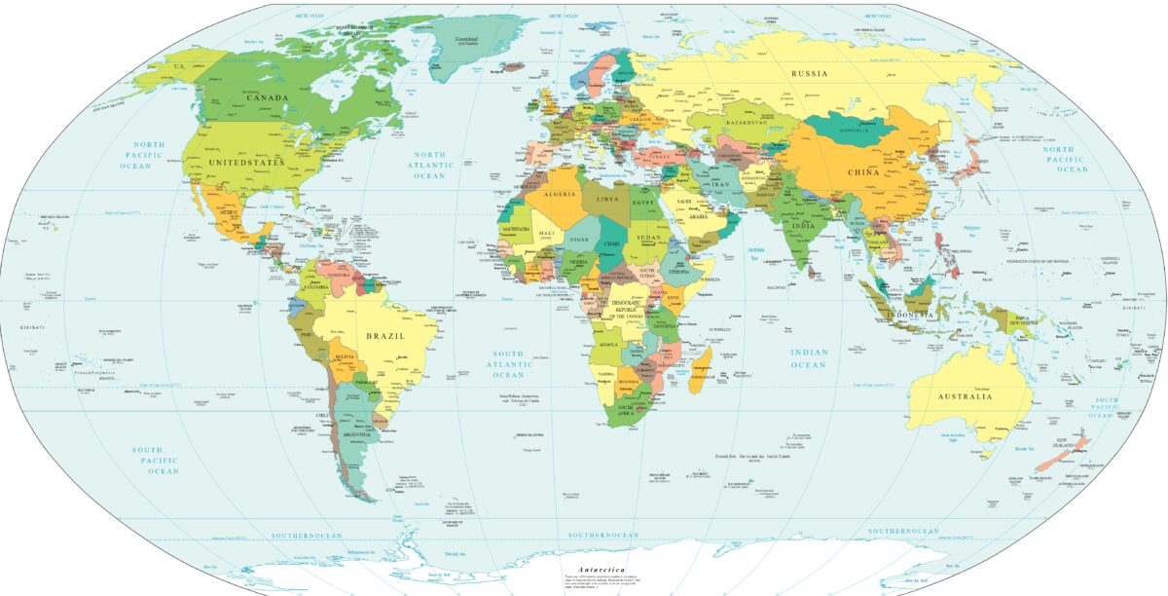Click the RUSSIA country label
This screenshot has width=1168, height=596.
point(809,74)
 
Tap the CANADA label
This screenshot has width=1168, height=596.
point(267,97)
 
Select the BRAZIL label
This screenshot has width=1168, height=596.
point(383,335)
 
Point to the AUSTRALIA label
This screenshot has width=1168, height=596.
point(965,397)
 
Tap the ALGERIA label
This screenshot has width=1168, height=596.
point(549,196)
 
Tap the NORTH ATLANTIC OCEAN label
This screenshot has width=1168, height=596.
point(429,166)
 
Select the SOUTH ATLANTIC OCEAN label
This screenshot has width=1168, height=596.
point(508,364)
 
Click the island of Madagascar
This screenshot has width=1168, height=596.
point(700,375)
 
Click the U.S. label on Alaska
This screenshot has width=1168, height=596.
point(180,63)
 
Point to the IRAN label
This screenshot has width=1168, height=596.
point(719,182)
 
